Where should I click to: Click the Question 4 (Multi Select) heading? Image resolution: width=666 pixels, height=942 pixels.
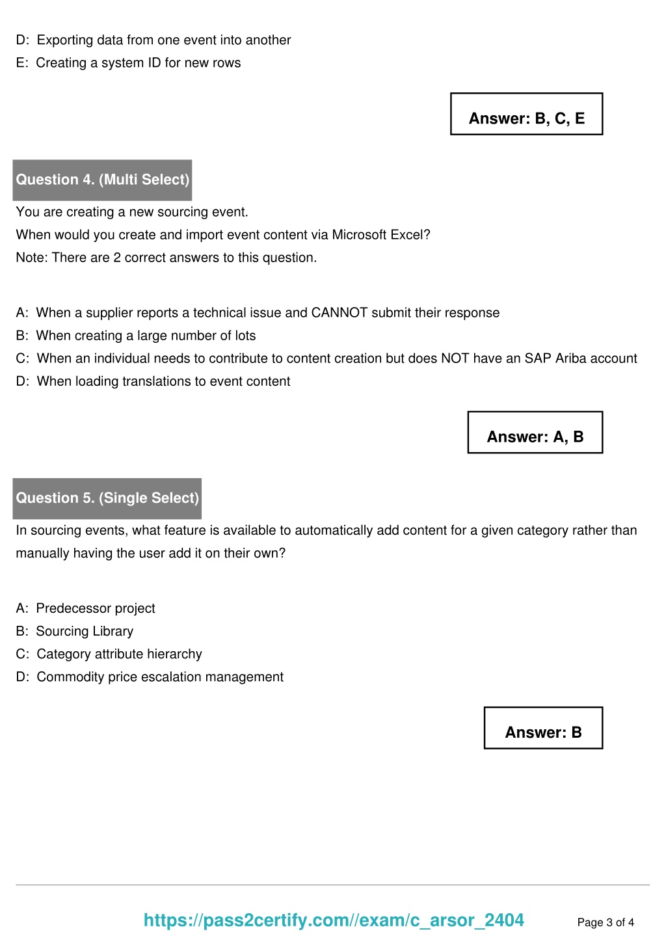point(102,180)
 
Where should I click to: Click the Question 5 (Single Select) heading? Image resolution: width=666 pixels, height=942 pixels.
point(107,498)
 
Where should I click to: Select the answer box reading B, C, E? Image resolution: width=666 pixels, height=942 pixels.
point(526,114)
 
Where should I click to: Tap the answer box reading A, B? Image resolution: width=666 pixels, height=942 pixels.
point(535,433)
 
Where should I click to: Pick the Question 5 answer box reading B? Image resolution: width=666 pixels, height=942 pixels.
point(543,728)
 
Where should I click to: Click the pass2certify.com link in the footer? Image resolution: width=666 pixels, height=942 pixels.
point(334,920)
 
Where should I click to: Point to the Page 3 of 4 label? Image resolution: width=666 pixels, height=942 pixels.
point(606,922)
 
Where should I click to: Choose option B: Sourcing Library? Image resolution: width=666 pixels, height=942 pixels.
point(75,631)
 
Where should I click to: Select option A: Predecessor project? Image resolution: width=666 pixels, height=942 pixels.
point(86,608)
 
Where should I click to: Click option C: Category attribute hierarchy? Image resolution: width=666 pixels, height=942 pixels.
point(109,654)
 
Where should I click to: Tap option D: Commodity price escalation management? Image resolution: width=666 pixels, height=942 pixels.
point(150,677)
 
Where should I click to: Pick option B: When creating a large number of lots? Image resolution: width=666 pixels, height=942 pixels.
point(136,336)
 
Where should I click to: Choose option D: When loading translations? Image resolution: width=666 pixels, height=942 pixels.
point(153,381)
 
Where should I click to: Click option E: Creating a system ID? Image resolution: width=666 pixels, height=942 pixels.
point(128,63)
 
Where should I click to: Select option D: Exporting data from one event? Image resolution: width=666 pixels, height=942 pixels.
point(153,40)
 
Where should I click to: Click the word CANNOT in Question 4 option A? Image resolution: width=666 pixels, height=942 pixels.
point(340,313)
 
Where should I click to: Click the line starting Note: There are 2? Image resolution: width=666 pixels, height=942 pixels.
point(166,258)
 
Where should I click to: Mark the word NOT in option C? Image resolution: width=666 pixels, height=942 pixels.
point(455,358)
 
